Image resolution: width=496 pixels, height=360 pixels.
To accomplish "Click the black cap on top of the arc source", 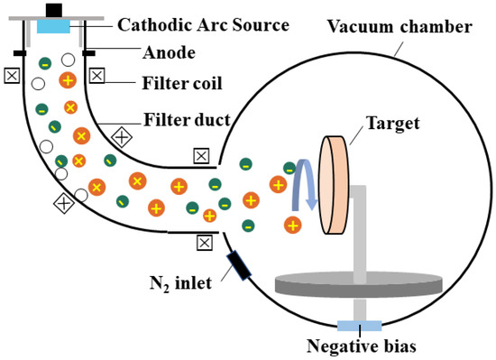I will pyautogui.click(x=53, y=9).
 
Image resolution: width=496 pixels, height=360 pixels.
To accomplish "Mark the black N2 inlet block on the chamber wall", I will pyautogui.click(x=240, y=263).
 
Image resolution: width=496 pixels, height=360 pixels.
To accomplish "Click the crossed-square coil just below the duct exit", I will pyautogui.click(x=205, y=242).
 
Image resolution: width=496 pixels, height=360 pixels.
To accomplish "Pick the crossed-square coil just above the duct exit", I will pyautogui.click(x=201, y=157).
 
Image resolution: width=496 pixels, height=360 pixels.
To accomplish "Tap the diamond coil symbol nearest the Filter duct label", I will pyautogui.click(x=122, y=138).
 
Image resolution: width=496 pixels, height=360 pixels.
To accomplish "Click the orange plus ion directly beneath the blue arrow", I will pyautogui.click(x=293, y=224).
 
